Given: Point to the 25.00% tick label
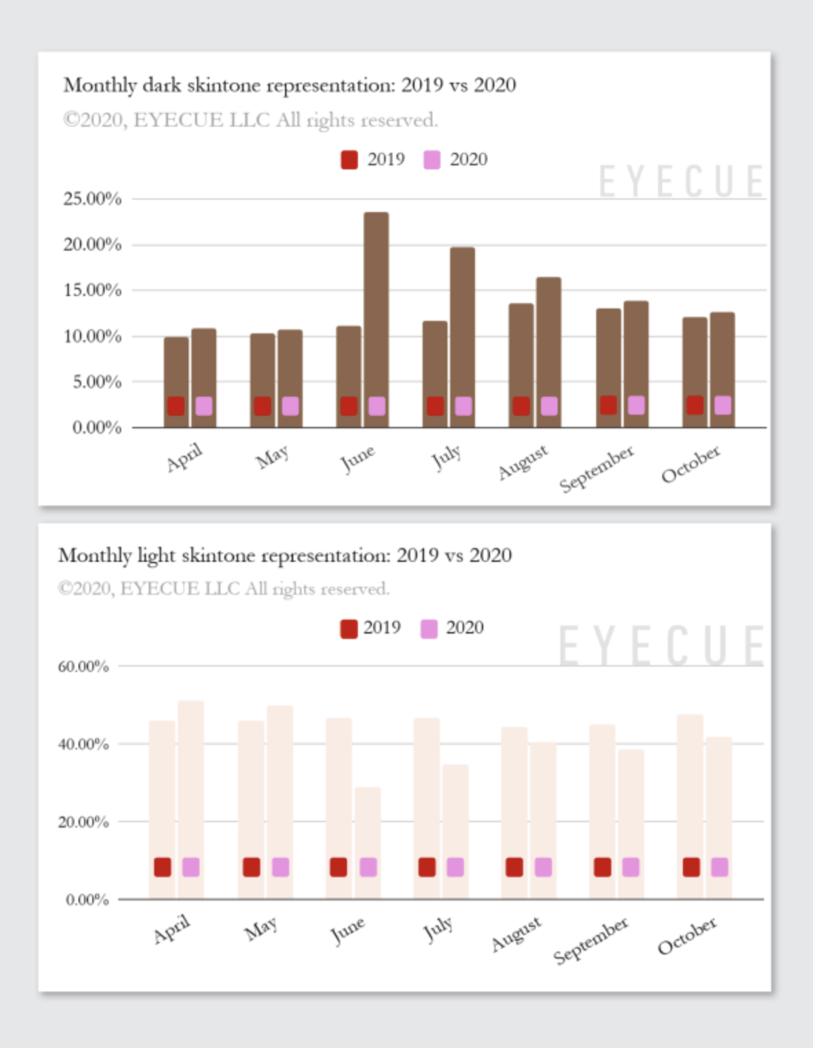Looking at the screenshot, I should pyautogui.click(x=92, y=199).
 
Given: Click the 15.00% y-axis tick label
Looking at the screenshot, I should pyautogui.click(x=92, y=290).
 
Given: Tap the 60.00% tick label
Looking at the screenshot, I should pyautogui.click(x=83, y=666).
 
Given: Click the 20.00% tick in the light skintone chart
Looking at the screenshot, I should pyautogui.click(x=83, y=821).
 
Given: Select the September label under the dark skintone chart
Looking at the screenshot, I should pyautogui.click(x=596, y=469).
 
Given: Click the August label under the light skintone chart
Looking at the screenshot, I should pyautogui.click(x=516, y=934).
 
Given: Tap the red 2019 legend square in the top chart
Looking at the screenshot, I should pyautogui.click(x=349, y=160).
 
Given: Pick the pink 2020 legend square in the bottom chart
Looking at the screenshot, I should pyautogui.click(x=429, y=629).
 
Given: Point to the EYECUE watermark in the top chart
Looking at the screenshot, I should pyautogui.click(x=681, y=182).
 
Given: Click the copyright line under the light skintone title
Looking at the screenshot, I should pyautogui.click(x=224, y=589).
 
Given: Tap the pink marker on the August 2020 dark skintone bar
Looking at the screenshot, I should pyautogui.click(x=549, y=406).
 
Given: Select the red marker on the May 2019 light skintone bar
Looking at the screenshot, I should pyautogui.click(x=251, y=867).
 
